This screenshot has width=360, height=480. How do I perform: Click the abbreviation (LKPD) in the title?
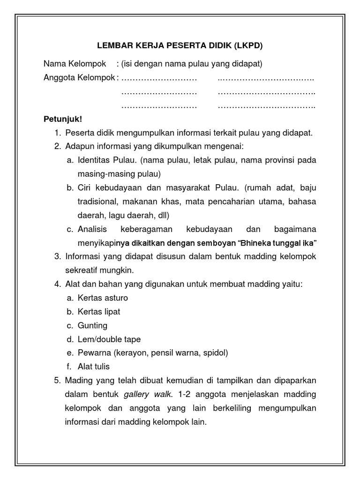pyautogui.click(x=247, y=46)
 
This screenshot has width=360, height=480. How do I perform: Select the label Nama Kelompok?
pyautogui.click(x=75, y=63)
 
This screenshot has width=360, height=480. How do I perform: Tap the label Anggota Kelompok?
pyautogui.click(x=79, y=78)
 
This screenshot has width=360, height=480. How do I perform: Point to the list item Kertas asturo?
pyautogui.click(x=103, y=298)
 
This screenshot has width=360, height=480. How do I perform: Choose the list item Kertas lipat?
pyautogui.click(x=99, y=312)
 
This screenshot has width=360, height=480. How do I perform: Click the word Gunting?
pyautogui.click(x=93, y=325)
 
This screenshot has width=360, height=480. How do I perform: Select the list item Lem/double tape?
pyautogui.click(x=109, y=339)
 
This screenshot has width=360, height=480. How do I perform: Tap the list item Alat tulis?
pyautogui.click(x=94, y=367)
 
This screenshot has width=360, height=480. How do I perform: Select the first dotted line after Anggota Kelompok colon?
pyautogui.click(x=159, y=78)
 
